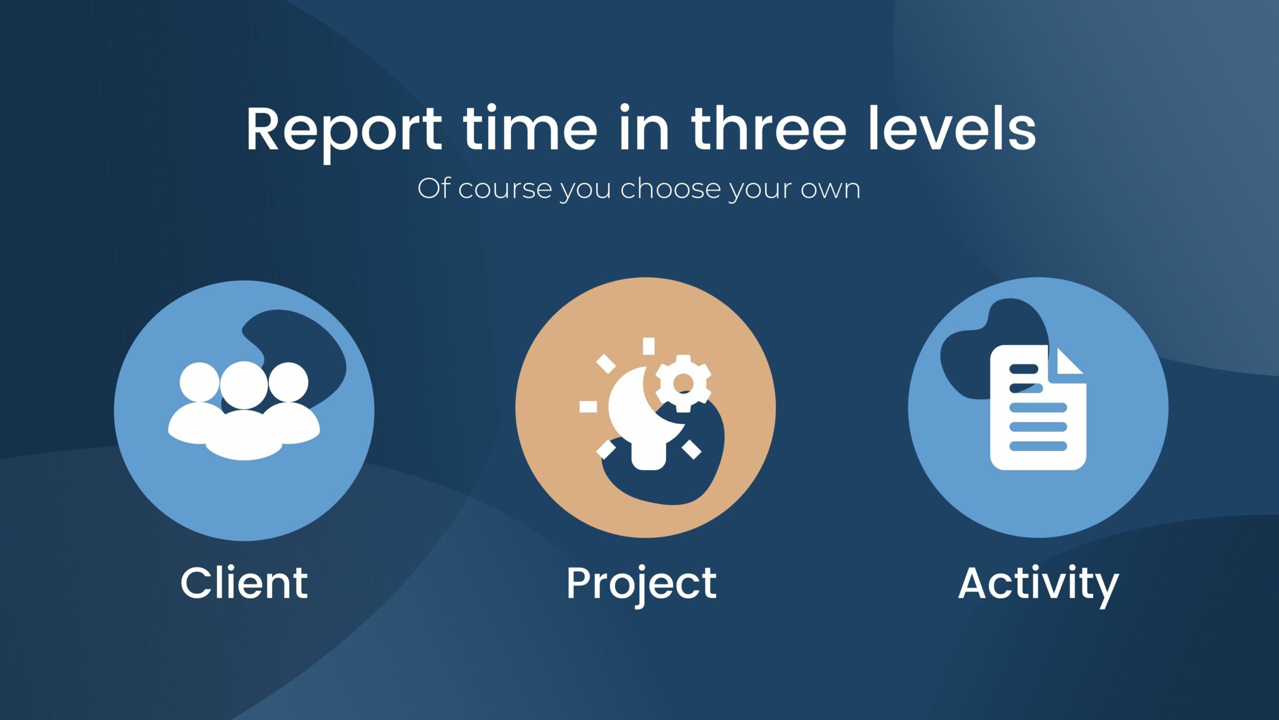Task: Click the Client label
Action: (244, 583)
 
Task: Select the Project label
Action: (641, 586)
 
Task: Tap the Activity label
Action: (1038, 586)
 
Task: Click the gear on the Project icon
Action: (683, 383)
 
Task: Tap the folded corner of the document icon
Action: (1068, 362)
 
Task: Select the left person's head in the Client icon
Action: (199, 382)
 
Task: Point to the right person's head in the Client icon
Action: (288, 382)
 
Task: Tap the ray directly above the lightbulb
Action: (648, 346)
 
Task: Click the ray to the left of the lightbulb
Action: (588, 406)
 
